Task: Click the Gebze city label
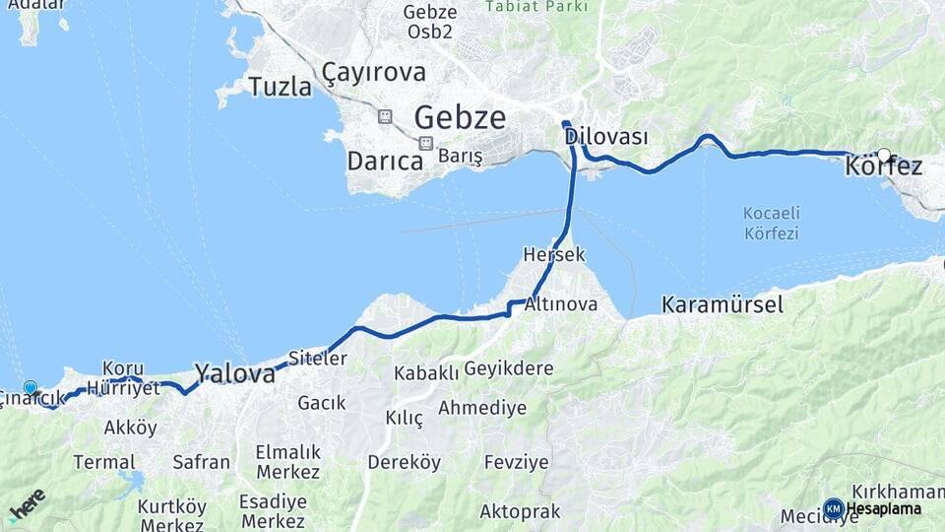pyautogui.click(x=460, y=118)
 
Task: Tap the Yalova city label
pyautogui.click(x=234, y=373)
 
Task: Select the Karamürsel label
pyautogui.click(x=723, y=304)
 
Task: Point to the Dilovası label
pyautogui.click(x=606, y=137)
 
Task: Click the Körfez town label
pyautogui.click(x=883, y=167)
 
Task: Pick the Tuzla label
pyautogui.click(x=280, y=87)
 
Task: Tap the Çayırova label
pyautogui.click(x=374, y=72)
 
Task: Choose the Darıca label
pyautogui.click(x=385, y=162)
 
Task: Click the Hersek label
pyautogui.click(x=554, y=254)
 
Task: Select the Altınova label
pyautogui.click(x=561, y=303)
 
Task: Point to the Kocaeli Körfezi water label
pyautogui.click(x=772, y=224)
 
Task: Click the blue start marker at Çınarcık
pyautogui.click(x=31, y=388)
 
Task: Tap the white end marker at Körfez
pyautogui.click(x=884, y=155)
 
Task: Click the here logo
pyautogui.click(x=27, y=505)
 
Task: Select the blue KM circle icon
pyautogui.click(x=834, y=508)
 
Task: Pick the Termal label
pyautogui.click(x=104, y=462)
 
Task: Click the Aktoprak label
pyautogui.click(x=520, y=511)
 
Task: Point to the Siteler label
pyautogui.click(x=317, y=359)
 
